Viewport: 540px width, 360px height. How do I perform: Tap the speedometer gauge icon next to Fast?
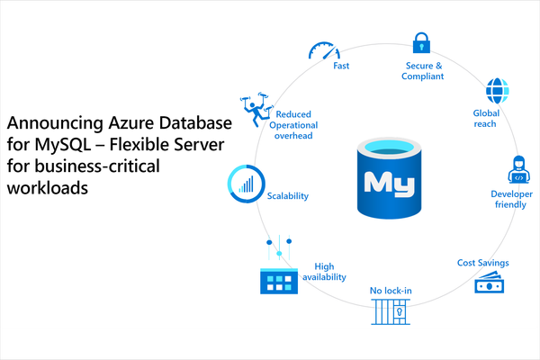pos(324,50)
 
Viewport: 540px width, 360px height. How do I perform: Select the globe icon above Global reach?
pos(497,91)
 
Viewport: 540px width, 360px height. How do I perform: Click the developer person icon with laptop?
pos(518,169)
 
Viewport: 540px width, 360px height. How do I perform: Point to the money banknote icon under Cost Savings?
pos(489,282)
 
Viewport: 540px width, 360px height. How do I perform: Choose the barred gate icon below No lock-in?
pos(391,311)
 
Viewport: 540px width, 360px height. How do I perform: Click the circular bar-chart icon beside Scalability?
pos(247,184)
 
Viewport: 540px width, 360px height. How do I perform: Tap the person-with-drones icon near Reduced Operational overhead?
pos(256,109)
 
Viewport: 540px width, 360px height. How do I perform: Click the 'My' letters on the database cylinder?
pos(390,184)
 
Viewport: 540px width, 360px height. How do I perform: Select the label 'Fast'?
pos(341,66)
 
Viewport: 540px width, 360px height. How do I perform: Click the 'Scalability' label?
pos(288,196)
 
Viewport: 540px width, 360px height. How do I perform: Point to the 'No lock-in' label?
pos(391,291)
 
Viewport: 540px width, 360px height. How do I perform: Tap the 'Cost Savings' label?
pos(482,263)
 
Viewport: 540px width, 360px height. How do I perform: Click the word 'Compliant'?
pos(423,76)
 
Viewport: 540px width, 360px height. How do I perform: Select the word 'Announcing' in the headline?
pos(55,123)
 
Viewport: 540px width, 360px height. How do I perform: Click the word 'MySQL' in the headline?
pos(63,145)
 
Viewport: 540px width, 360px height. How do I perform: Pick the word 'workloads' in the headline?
pos(48,188)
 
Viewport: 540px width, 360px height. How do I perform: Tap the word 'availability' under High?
pos(324,277)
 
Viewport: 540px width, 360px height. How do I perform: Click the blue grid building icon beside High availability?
pos(279,281)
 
